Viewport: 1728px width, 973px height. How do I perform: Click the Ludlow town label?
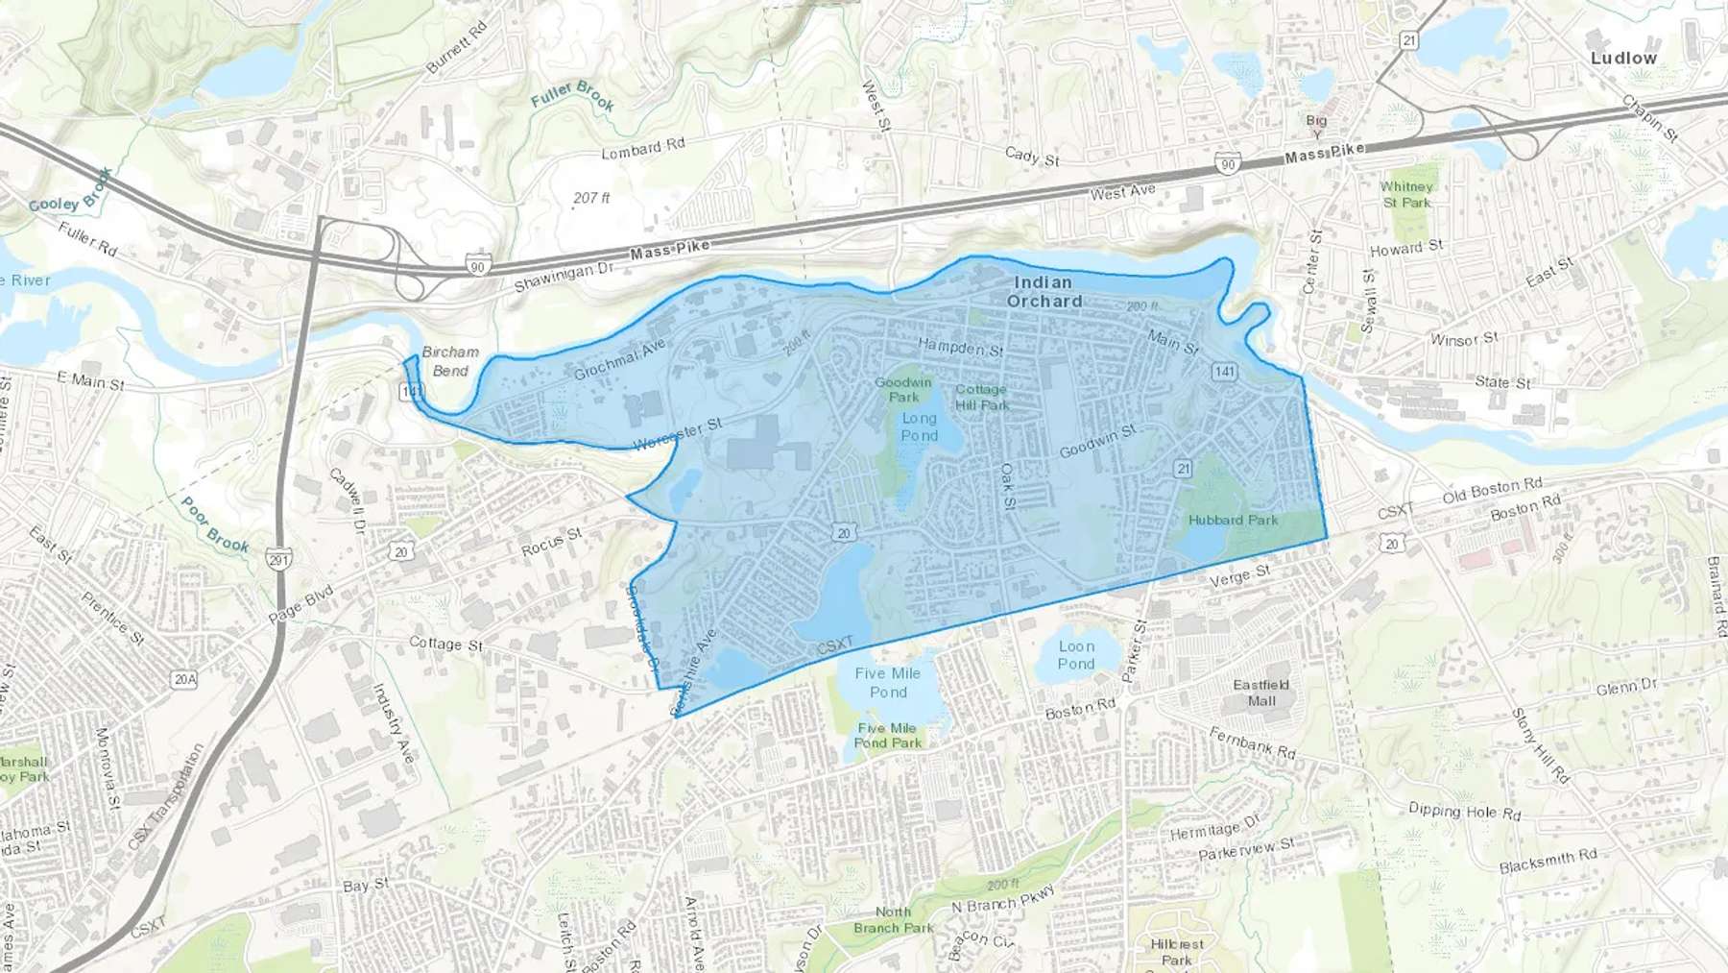[1623, 59]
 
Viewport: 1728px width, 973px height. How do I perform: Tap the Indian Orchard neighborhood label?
[1044, 291]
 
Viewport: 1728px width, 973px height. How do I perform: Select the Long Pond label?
[919, 426]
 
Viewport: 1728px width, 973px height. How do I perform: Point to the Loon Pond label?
[1076, 655]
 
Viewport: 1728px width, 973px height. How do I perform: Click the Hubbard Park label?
[1233, 520]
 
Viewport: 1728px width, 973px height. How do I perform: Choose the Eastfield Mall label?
[1261, 693]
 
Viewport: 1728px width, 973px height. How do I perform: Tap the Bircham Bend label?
[450, 361]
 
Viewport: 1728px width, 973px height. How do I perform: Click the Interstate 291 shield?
[278, 560]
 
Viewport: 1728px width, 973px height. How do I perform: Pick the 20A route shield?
[185, 679]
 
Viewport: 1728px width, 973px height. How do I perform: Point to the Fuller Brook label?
[573, 95]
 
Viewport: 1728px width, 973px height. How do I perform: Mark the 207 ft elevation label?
[591, 198]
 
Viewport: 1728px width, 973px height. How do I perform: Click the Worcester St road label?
[678, 433]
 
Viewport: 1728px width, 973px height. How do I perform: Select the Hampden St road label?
[960, 346]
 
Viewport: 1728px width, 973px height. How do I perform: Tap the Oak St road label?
[1008, 487]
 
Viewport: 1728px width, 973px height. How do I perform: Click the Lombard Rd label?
[642, 149]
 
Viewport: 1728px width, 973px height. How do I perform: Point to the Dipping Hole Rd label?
[1464, 812]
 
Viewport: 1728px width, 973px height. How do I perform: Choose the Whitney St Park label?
[1406, 194]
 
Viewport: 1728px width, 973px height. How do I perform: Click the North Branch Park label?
[893, 919]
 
